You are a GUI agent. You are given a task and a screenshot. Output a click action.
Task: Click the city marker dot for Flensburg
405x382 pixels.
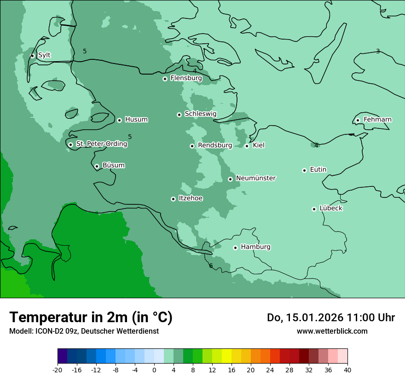tap(165, 79)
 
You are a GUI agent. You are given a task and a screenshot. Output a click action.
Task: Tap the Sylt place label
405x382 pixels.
tap(44, 55)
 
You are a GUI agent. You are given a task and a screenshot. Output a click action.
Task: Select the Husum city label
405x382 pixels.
tap(136, 120)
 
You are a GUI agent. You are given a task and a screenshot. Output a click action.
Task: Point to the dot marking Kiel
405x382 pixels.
tap(247, 146)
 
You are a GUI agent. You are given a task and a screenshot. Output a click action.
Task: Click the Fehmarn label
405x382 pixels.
tap(377, 120)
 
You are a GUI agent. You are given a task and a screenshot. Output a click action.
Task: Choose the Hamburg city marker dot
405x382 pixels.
tap(235, 248)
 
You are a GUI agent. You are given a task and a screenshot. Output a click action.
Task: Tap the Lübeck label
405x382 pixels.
tap(331, 208)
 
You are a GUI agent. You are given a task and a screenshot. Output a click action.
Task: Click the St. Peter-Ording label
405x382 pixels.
tap(101, 144)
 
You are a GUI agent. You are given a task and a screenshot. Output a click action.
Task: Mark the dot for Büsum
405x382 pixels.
tap(97, 166)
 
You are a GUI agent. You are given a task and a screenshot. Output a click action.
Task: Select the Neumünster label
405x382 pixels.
tap(256, 178)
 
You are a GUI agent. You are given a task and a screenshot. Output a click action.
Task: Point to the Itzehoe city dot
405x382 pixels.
tap(173, 199)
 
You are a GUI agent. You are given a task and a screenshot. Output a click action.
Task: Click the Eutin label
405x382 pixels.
tap(318, 169)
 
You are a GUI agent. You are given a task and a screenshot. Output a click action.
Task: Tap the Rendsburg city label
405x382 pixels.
tap(215, 145)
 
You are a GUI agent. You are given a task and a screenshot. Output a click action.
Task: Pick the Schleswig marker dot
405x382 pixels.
tap(179, 115)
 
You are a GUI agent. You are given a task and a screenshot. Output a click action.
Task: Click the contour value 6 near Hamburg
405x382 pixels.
tap(211, 266)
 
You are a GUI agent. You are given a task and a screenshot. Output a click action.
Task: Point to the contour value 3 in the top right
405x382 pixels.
tap(378, 51)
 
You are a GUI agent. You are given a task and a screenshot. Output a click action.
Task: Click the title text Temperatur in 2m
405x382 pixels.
tap(91, 317)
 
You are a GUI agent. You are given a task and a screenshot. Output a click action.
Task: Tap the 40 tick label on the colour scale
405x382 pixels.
tap(347, 370)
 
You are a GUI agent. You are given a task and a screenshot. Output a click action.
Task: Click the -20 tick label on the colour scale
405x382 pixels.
tap(58, 370)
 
